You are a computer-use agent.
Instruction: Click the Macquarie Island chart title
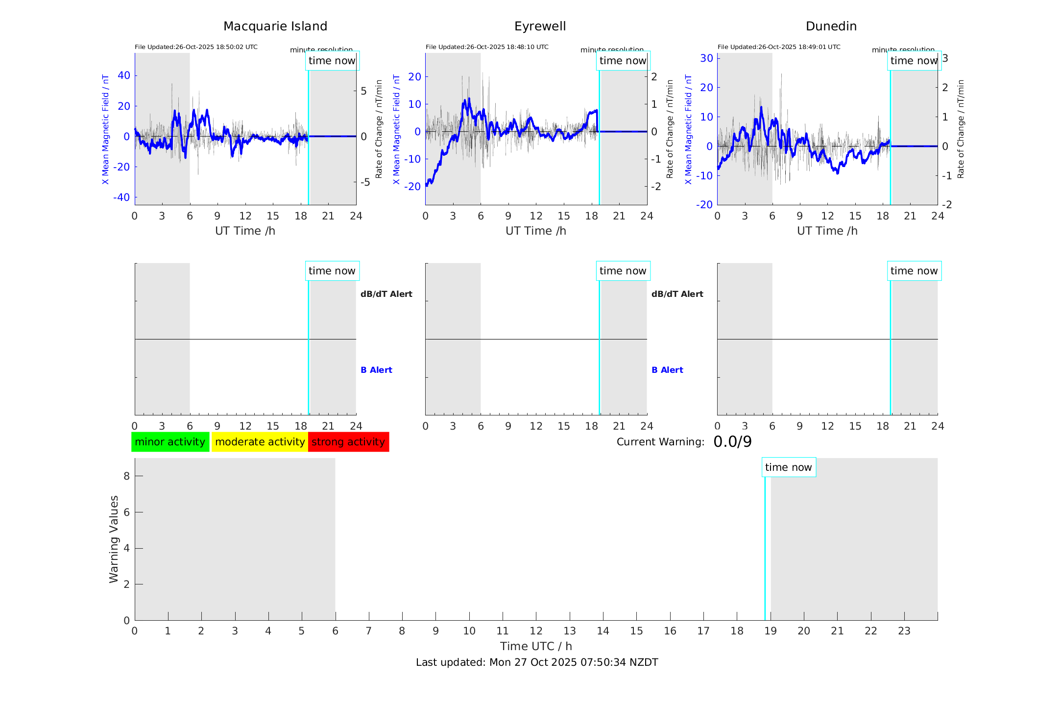click(x=275, y=26)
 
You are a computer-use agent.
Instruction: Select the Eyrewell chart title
click(x=540, y=26)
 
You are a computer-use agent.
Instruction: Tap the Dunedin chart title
click(x=831, y=26)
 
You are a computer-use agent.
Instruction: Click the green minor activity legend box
click(x=170, y=442)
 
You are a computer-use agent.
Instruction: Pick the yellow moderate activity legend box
click(x=260, y=442)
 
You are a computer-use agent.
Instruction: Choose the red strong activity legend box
click(x=348, y=442)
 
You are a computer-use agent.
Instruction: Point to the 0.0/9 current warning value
click(x=732, y=442)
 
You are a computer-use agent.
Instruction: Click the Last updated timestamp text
click(x=537, y=662)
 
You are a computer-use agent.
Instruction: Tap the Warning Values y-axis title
click(x=114, y=539)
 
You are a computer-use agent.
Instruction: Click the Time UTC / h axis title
click(x=536, y=646)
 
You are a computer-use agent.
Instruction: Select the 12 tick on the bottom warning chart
click(x=536, y=631)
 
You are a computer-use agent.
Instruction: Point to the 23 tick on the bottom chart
click(x=904, y=631)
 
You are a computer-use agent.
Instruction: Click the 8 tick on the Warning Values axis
click(x=126, y=476)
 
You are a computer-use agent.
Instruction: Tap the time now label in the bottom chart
click(x=788, y=467)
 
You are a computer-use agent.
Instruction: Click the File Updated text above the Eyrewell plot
click(x=487, y=47)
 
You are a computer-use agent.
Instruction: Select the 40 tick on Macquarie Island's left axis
click(x=124, y=75)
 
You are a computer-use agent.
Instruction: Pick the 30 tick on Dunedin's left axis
click(x=706, y=58)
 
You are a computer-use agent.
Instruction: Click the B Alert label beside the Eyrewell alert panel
click(x=667, y=370)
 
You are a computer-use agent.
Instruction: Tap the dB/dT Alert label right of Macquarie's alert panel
click(x=386, y=294)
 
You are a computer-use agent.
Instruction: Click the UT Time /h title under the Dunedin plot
click(x=827, y=231)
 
